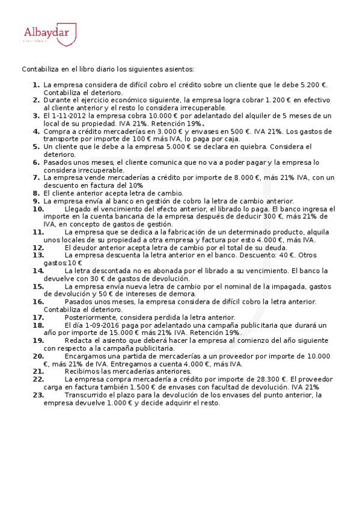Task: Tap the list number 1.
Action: point(36,85)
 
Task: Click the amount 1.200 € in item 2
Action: point(273,100)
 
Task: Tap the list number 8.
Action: point(36,193)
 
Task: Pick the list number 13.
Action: point(38,255)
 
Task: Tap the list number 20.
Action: point(38,356)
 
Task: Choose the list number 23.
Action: point(38,395)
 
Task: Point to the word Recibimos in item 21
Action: point(83,372)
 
